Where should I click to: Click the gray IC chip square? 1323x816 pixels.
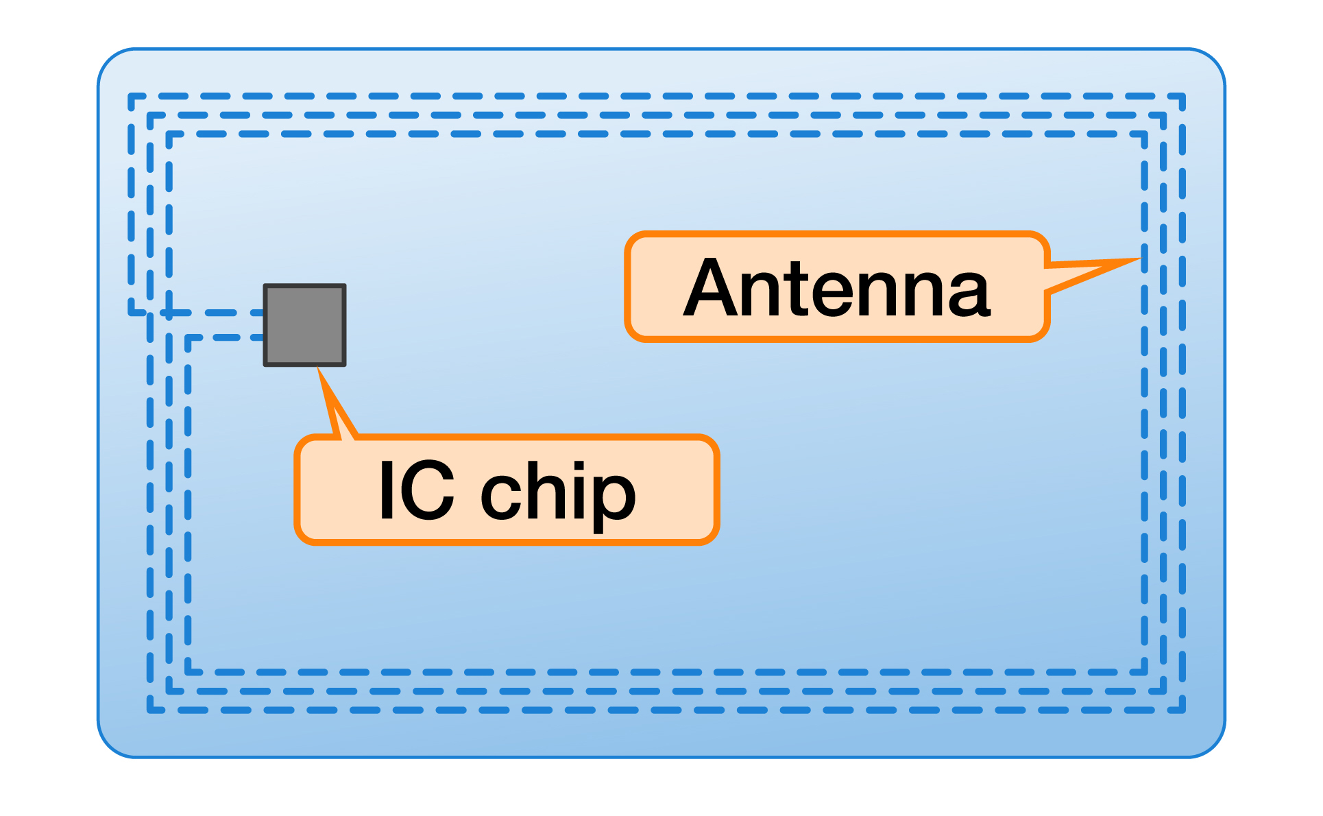click(x=305, y=325)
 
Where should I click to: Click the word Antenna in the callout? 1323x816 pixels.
click(x=837, y=287)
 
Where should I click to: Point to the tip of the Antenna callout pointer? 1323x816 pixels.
click(x=1140, y=259)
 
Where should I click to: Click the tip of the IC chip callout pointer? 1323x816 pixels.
click(x=318, y=369)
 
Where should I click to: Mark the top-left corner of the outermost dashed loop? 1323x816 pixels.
click(x=131, y=97)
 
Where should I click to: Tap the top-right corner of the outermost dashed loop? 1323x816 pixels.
click(x=1182, y=97)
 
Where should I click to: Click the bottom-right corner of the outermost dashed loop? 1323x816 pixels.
click(x=1182, y=710)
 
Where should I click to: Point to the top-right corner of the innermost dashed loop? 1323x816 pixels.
click(x=1144, y=134)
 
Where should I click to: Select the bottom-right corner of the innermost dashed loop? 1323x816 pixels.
click(x=1144, y=672)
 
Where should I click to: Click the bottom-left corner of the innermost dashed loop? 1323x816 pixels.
click(x=189, y=672)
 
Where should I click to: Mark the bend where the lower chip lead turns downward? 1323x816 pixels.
click(x=189, y=337)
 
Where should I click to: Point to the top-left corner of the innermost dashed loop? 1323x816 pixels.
click(x=169, y=134)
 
